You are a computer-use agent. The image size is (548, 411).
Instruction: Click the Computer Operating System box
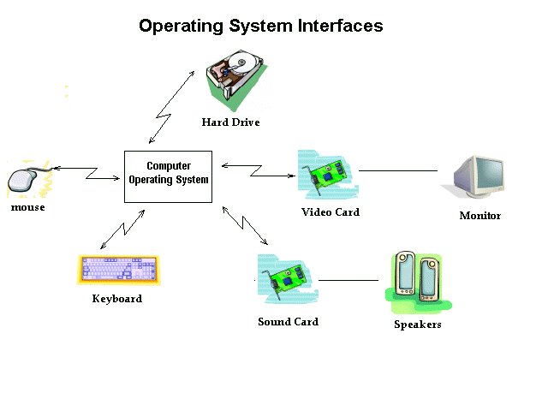point(168,177)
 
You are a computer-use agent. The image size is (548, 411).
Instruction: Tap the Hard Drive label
point(230,122)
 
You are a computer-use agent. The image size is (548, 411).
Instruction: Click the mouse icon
point(25,180)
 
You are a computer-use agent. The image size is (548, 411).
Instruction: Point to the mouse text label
point(28,207)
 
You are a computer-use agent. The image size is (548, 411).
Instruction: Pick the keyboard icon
point(119,270)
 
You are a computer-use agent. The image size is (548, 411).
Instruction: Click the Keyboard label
point(117,299)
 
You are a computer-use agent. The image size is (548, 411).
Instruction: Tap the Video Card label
point(331,211)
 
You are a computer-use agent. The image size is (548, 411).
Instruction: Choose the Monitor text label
point(479,216)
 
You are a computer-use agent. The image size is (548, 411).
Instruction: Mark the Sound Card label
point(288,322)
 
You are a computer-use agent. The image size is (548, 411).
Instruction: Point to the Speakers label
point(417,325)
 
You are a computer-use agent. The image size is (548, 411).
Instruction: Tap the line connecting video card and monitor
point(398,171)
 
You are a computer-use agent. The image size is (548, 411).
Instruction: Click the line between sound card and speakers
point(348,280)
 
